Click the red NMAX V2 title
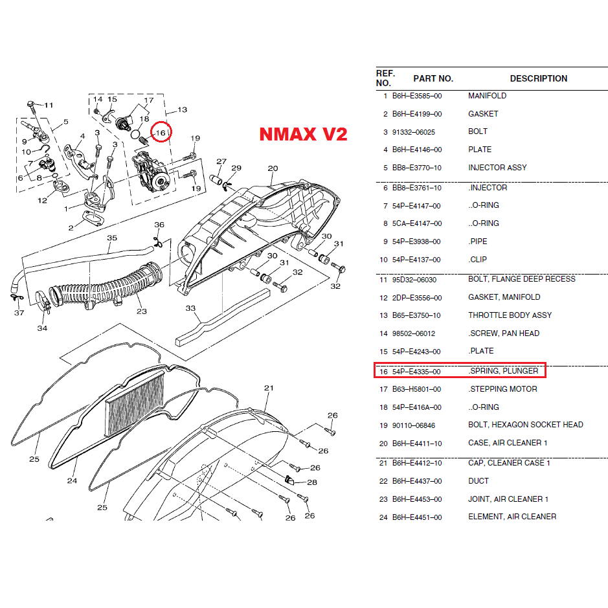pos(303,134)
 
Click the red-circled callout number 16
pos(161,133)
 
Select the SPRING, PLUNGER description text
pos(503,371)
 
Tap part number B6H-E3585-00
pos(417,96)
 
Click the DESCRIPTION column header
pos(538,78)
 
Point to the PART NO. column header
pos(433,78)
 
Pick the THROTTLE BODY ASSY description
pos(510,315)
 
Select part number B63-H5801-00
pos(417,389)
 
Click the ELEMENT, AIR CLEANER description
pos(512,517)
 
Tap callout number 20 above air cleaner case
pos(273,168)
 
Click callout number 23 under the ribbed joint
pos(142,311)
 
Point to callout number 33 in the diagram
pos(190,309)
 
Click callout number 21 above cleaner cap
pos(269,388)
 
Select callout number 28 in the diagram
pos(312,482)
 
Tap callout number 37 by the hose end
pos(19,313)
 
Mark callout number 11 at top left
pos(49,105)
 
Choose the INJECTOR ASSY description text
pos(497,168)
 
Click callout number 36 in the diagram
pos(159,225)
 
